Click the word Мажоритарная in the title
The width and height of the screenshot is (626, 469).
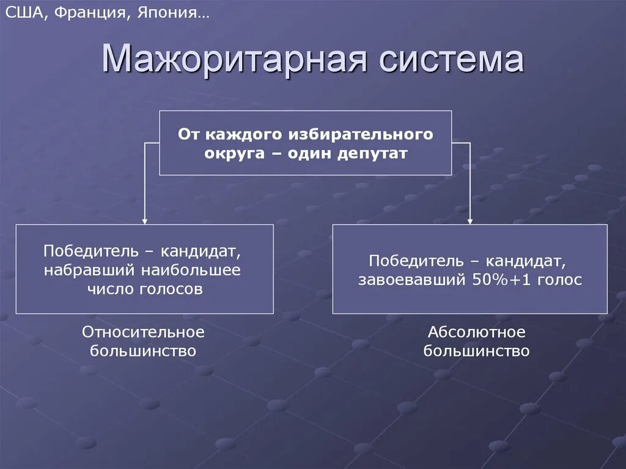(234, 59)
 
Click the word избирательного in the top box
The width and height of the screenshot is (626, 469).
(360, 134)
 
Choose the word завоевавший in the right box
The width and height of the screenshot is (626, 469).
(412, 280)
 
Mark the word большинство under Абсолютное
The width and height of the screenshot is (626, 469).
(477, 351)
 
